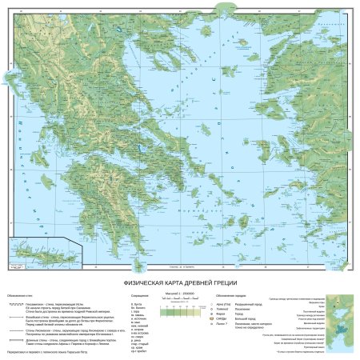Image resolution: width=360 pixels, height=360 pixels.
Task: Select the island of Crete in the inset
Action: tap(33, 254)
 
